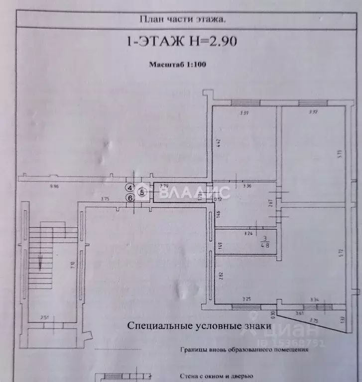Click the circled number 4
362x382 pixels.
130,188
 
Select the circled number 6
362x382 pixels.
130,197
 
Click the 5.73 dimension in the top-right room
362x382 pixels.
338,154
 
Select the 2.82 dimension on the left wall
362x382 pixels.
220,276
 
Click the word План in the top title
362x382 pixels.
148,19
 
